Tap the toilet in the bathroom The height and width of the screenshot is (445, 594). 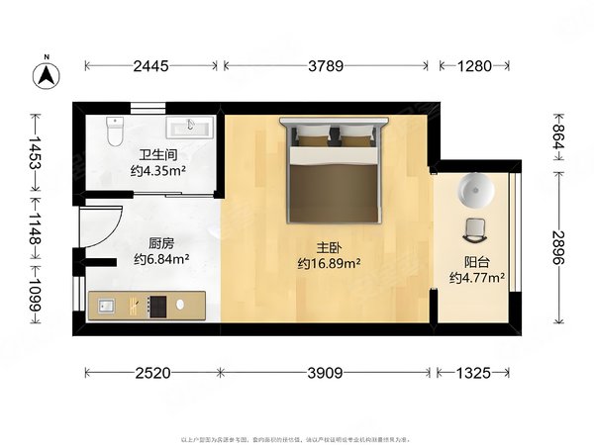[114, 129]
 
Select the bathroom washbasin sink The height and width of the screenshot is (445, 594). [188, 128]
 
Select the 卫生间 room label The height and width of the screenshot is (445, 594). [157, 154]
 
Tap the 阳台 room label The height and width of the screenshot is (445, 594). [477, 263]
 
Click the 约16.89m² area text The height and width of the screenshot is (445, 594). [328, 264]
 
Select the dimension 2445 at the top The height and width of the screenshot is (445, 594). [151, 66]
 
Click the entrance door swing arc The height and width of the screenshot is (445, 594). [103, 225]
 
